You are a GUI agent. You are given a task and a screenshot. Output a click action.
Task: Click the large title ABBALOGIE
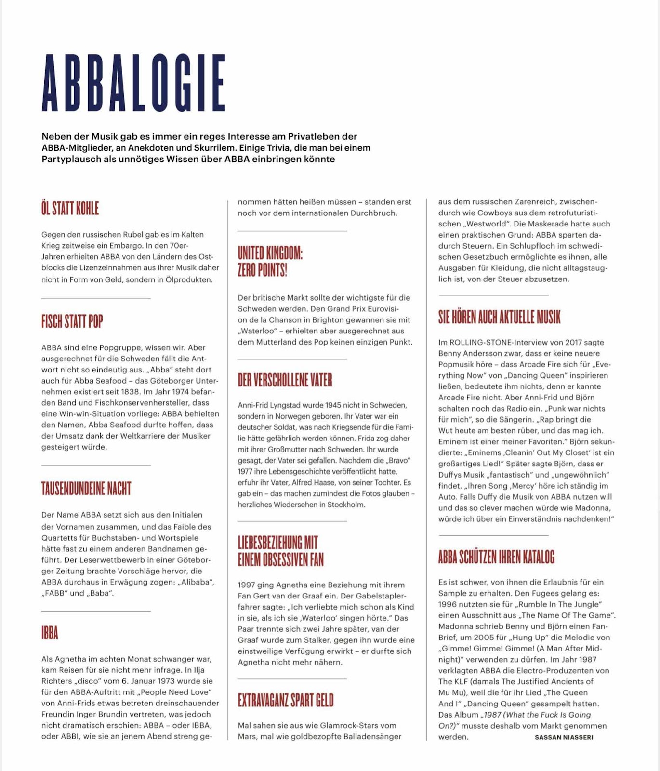pos(133,83)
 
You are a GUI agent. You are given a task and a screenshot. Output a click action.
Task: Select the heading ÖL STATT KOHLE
pos(70,209)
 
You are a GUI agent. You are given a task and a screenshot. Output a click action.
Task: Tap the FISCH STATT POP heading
pos(72,321)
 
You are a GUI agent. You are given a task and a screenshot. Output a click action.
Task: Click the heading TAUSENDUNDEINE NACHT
pos(86,489)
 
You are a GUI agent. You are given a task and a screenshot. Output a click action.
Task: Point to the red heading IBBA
pos(50,633)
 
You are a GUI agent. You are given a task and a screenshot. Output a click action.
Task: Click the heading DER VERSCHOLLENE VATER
pos(285,380)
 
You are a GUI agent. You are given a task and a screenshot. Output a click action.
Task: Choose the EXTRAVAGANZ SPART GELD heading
pos(286,700)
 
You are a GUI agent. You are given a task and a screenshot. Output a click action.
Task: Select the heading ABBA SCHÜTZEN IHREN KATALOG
pos(496,557)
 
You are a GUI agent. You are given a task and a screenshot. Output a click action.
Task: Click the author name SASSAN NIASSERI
pos(564,737)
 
